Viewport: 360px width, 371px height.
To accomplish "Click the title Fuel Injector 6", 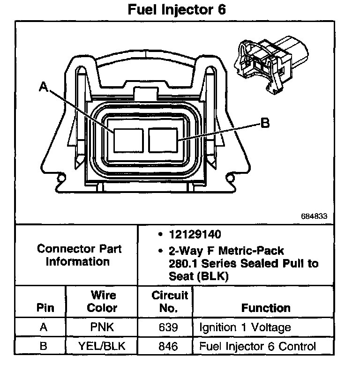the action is click(177, 10).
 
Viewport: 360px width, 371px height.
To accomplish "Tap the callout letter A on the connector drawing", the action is click(44, 86).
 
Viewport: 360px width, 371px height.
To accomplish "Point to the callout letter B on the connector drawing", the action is click(265, 123).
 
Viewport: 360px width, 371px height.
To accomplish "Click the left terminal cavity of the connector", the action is click(128, 140).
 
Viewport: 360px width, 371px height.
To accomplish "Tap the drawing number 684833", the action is click(314, 217).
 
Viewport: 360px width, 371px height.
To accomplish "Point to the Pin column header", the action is click(45, 308).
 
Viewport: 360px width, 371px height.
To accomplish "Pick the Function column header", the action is click(266, 308).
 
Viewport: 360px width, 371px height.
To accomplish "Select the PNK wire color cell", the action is click(103, 327).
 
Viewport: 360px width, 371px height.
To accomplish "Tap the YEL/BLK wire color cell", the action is click(103, 347).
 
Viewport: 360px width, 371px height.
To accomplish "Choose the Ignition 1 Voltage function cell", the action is click(245, 327).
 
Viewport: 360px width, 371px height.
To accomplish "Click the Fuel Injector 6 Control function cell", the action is click(258, 347).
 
